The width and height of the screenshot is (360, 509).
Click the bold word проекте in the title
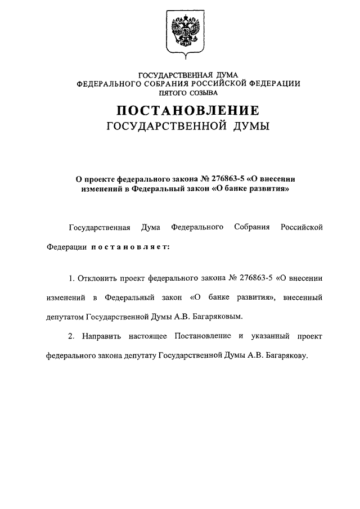pyautogui.click(x=103, y=178)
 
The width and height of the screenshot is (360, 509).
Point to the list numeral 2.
pyautogui.click(x=70, y=336)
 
